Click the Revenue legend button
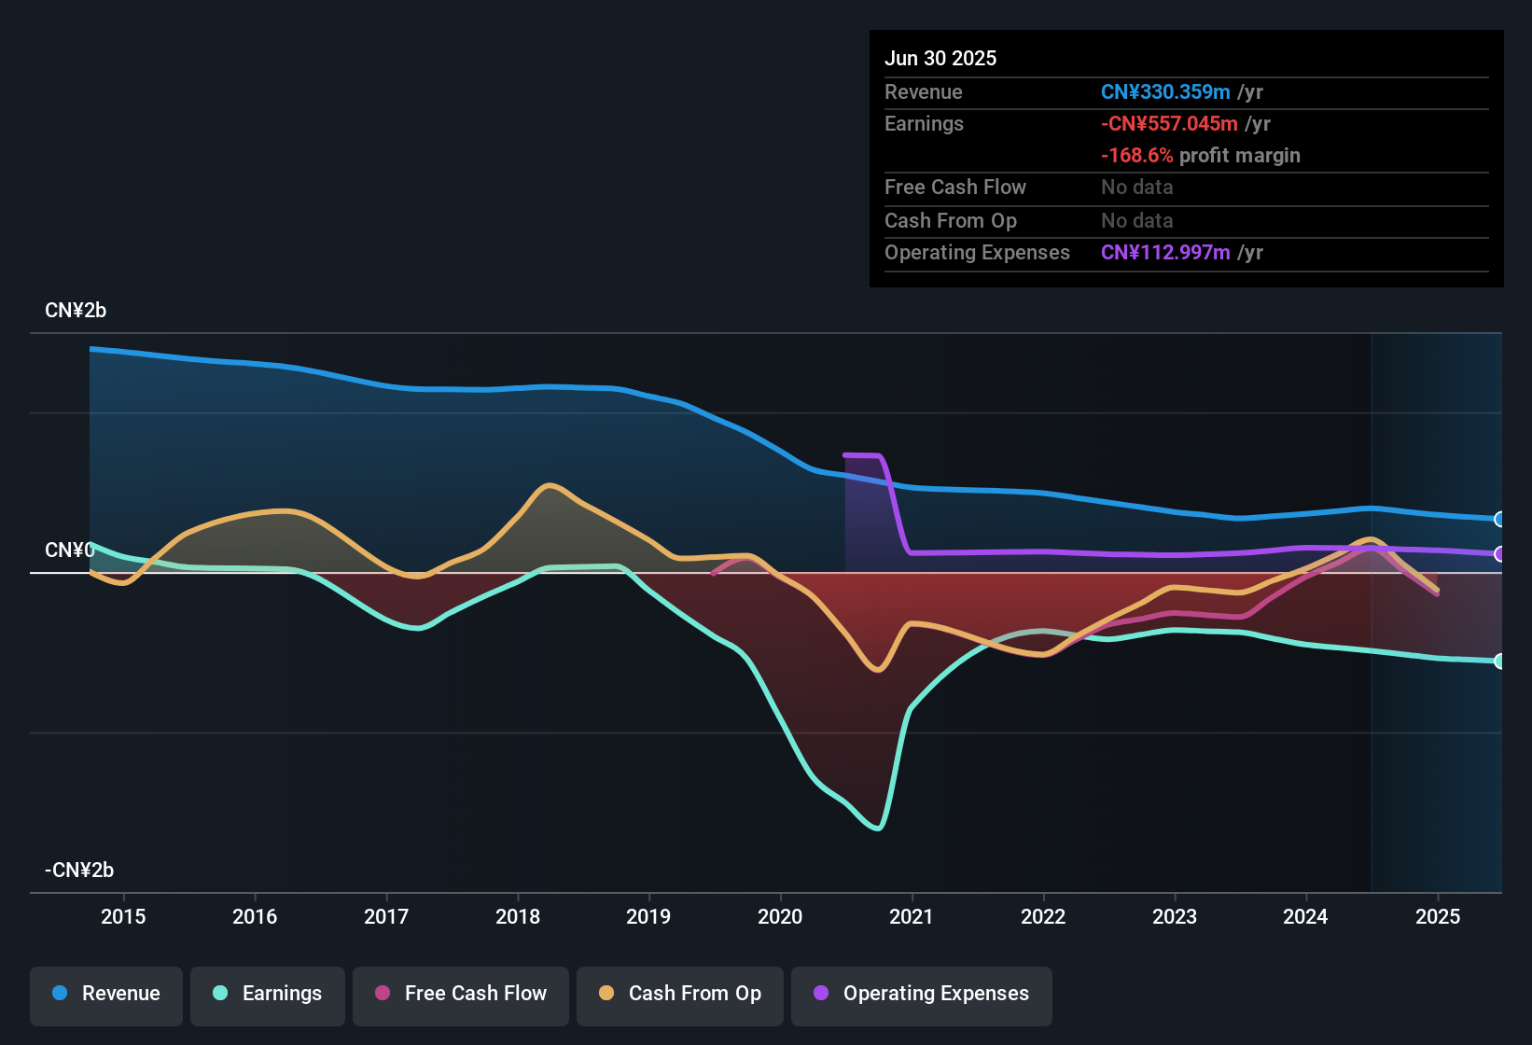click(106, 994)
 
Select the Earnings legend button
click(268, 994)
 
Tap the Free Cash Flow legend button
click(461, 994)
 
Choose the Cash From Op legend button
click(680, 994)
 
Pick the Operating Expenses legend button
click(922, 994)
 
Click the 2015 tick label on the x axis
click(123, 916)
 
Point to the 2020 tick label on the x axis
click(780, 916)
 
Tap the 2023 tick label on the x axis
click(1175, 916)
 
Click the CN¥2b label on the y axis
click(76, 311)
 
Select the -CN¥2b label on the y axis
click(79, 871)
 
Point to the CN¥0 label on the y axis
click(69, 550)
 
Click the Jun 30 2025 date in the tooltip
click(940, 59)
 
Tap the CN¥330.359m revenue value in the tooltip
click(1165, 92)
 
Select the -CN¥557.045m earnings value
click(1169, 124)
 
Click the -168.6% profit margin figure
click(1136, 156)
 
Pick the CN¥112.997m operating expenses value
click(1165, 253)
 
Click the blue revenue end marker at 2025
click(1499, 520)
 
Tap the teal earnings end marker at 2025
click(1499, 662)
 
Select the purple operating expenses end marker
click(1499, 554)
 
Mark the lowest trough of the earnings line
click(878, 828)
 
